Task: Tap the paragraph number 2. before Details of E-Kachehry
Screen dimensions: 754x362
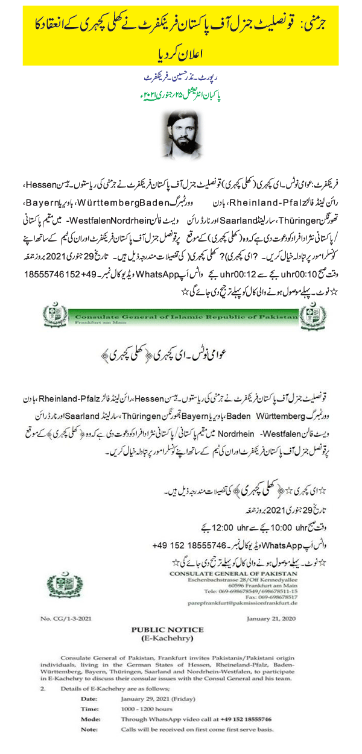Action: [43, 703]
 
